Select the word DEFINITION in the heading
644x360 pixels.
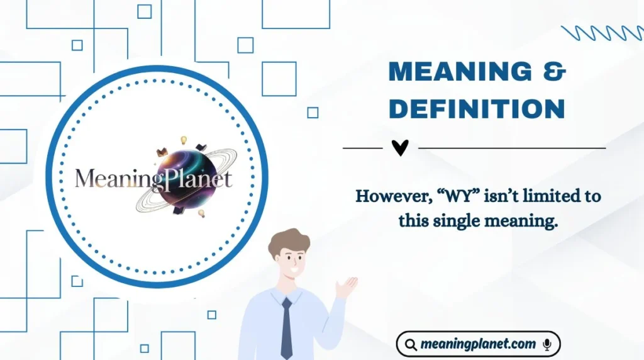477,109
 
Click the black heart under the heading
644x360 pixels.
400,147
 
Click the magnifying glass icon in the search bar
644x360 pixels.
411,344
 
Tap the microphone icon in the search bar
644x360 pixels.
547,344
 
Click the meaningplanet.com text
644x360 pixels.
479,344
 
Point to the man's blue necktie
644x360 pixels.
286,327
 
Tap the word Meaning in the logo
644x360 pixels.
113,179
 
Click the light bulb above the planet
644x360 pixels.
184,140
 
